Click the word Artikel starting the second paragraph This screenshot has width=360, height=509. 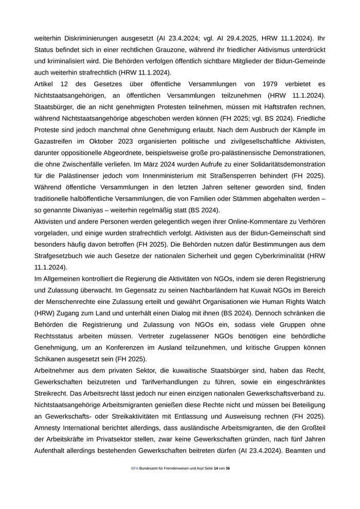coord(45,84)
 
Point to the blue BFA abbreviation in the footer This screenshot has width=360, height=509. coord(135,469)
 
